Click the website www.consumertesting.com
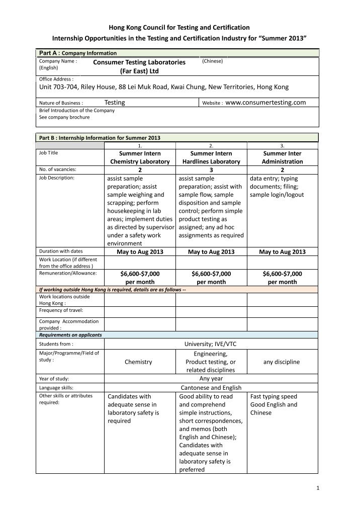[x=265, y=103]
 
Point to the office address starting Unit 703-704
[x=164, y=87]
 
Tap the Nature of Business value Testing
[x=115, y=103]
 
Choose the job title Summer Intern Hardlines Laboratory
[x=211, y=157]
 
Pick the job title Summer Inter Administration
[x=283, y=157]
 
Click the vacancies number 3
[x=211, y=170]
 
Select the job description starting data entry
[x=277, y=187]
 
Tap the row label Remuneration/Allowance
[x=68, y=273]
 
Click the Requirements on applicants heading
[x=70, y=334]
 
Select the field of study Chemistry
[x=139, y=362]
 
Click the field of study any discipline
[x=283, y=362]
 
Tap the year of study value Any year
[x=211, y=379]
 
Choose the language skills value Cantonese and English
[x=211, y=388]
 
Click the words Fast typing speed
[x=274, y=396]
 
